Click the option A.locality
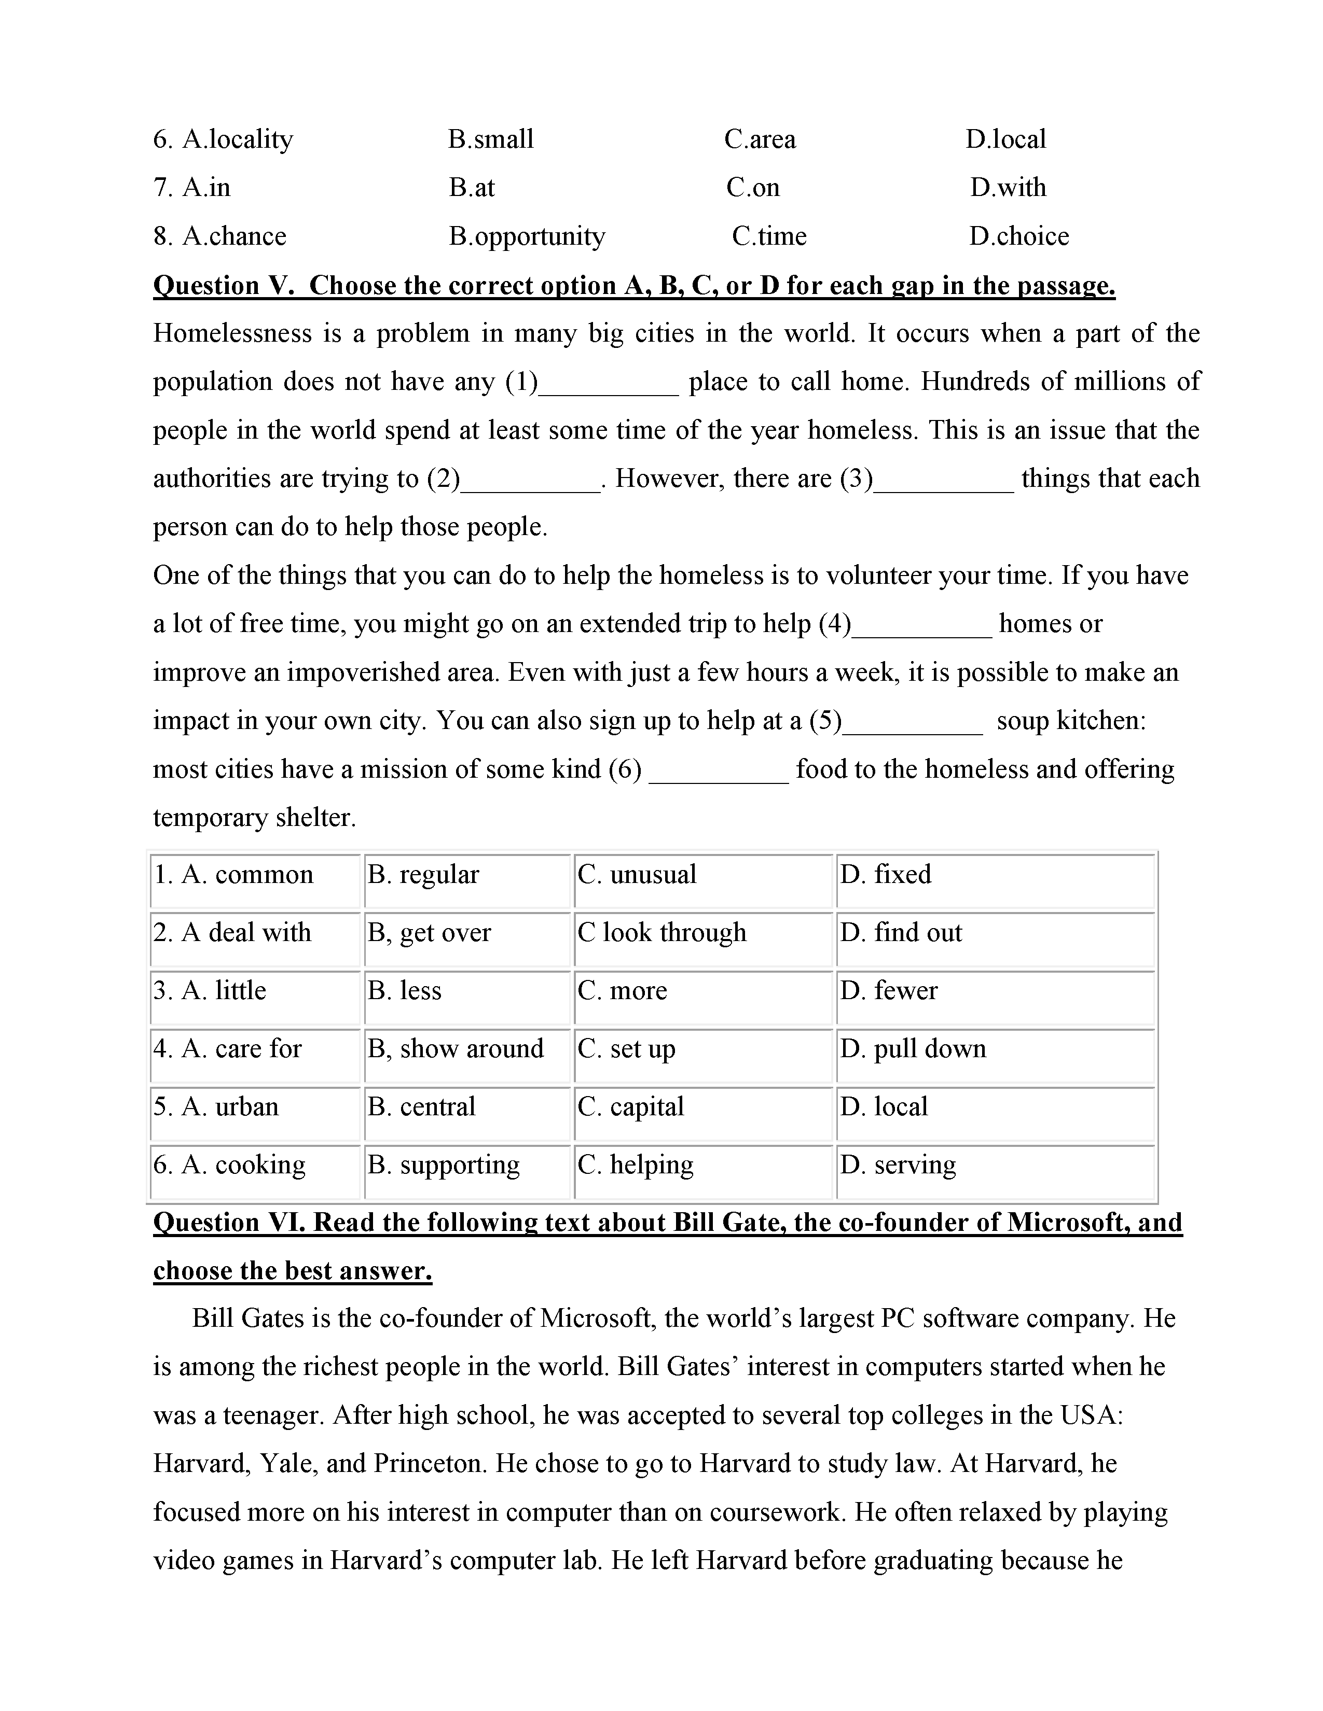tap(238, 139)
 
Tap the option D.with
tap(1008, 188)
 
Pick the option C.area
tap(760, 139)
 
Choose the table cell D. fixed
tap(886, 874)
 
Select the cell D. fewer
tap(889, 990)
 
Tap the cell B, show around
tap(456, 1048)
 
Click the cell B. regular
tap(423, 874)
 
